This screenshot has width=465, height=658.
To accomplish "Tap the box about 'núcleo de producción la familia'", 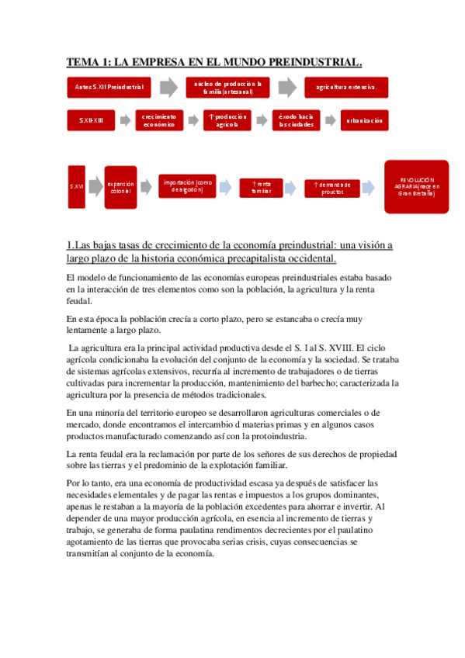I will pos(227,87).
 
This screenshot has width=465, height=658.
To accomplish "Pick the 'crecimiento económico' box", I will pos(160,120).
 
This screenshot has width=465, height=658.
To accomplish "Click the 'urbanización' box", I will pos(364,120).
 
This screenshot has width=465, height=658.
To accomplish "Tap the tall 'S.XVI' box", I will pos(76,187).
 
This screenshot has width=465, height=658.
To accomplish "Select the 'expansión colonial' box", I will pos(120,187).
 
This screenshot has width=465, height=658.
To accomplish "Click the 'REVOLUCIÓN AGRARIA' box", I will pos(416,186).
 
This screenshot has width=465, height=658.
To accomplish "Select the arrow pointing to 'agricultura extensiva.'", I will pos(287,87).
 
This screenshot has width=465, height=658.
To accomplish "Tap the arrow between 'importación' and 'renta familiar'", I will pos(224,187).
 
